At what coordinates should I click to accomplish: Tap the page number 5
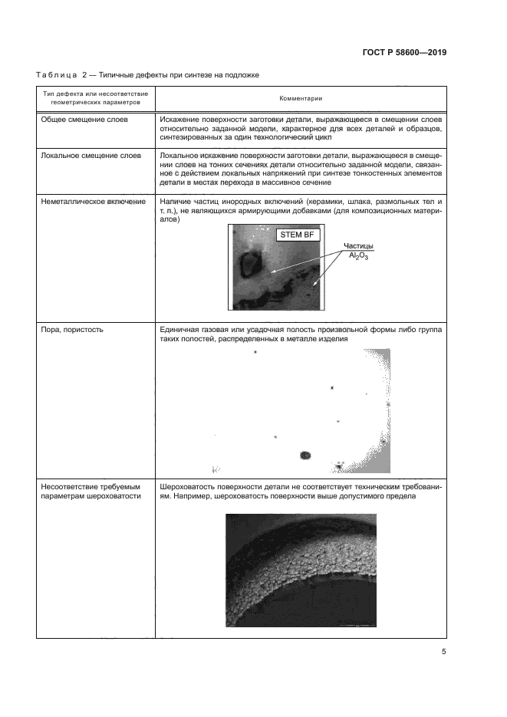pyautogui.click(x=444, y=652)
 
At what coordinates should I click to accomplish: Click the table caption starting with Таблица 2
pyautogui.click(x=148, y=75)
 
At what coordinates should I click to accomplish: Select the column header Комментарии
pyautogui.click(x=300, y=98)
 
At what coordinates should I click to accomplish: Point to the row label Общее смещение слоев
pyautogui.click(x=84, y=120)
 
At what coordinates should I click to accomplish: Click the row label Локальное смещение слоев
pyautogui.click(x=91, y=155)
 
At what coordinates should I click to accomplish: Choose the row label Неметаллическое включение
pyautogui.click(x=94, y=200)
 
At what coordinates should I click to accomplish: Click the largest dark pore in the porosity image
pyautogui.click(x=305, y=456)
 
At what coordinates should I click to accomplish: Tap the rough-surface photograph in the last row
pyautogui.click(x=301, y=570)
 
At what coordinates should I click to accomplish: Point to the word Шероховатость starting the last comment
pyautogui.click(x=193, y=486)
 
